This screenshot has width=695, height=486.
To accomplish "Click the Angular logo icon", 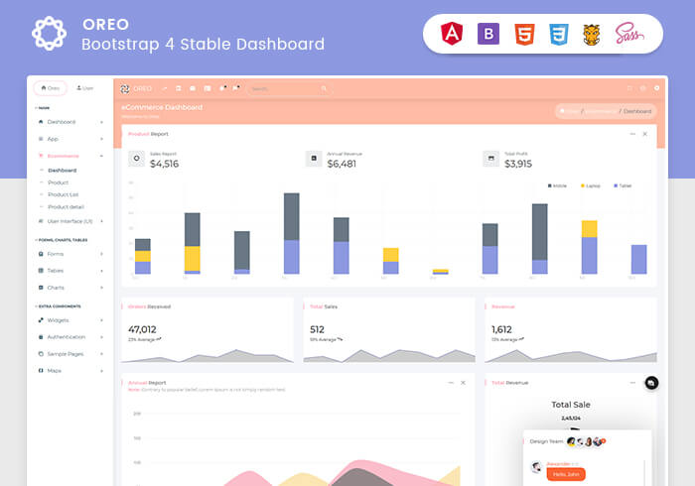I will pyautogui.click(x=452, y=35).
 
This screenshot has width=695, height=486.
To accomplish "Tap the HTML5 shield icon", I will pyautogui.click(x=523, y=35).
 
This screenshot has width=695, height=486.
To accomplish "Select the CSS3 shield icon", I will pyautogui.click(x=559, y=35).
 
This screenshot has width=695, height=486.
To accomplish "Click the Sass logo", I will pyautogui.click(x=629, y=34).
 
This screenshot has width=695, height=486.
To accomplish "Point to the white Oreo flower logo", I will pyautogui.click(x=49, y=34).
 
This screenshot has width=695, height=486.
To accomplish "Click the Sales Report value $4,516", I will pyautogui.click(x=164, y=164).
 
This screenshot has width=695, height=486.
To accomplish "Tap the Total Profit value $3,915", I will pyautogui.click(x=518, y=164).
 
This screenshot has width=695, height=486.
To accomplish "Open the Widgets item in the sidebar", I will pyautogui.click(x=59, y=320).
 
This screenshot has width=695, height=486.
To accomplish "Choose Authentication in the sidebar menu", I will pyautogui.click(x=67, y=337).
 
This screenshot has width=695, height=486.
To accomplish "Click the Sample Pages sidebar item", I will pyautogui.click(x=66, y=354).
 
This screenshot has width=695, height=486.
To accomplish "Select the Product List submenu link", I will pyautogui.click(x=64, y=194).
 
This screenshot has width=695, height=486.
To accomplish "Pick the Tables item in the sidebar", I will pyautogui.click(x=56, y=270).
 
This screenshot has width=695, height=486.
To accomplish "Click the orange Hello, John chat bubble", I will pyautogui.click(x=566, y=474).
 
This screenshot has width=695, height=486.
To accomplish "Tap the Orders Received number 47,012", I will pyautogui.click(x=142, y=329).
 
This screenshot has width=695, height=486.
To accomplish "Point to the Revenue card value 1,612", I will pyautogui.click(x=501, y=329).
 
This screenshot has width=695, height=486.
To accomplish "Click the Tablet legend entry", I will pyautogui.click(x=623, y=185).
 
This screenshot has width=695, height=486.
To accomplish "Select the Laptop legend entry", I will pyautogui.click(x=590, y=185).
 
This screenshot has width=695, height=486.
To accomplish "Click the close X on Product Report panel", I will pyautogui.click(x=644, y=134).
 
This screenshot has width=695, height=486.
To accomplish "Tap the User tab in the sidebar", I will pyautogui.click(x=84, y=88).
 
